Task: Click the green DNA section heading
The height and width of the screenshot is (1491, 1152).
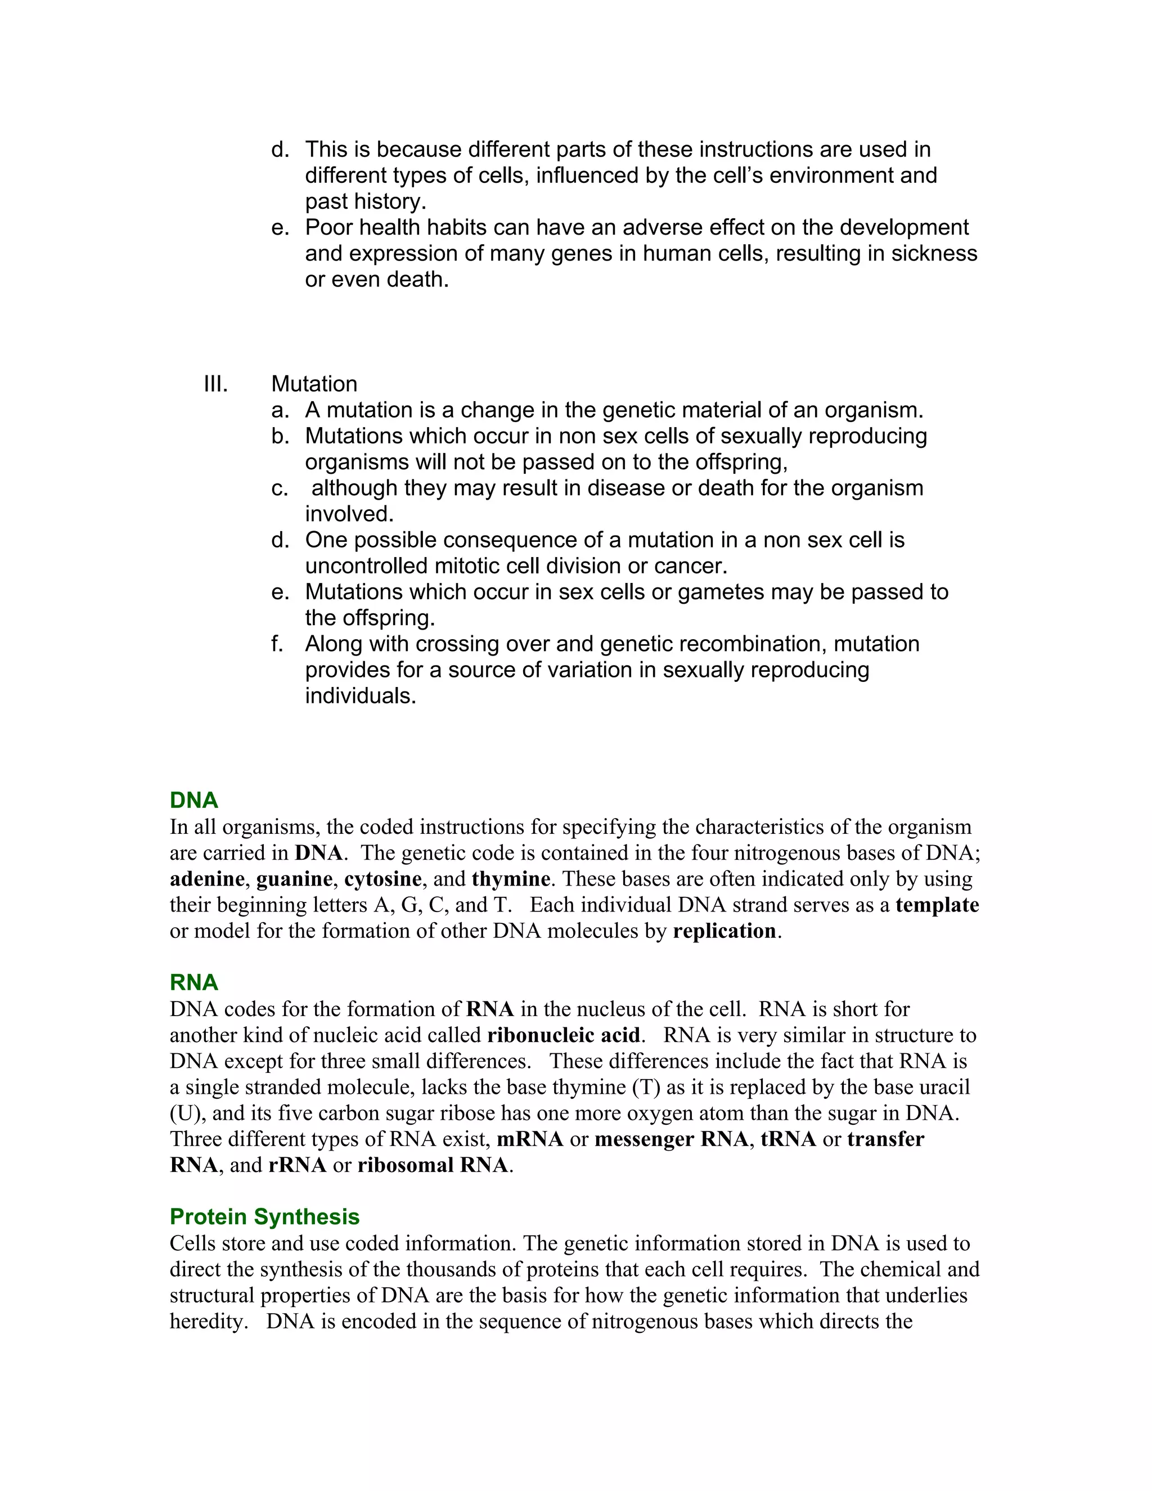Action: tap(194, 800)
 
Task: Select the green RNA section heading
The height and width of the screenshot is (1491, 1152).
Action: tap(194, 982)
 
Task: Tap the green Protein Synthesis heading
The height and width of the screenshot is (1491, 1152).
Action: tap(265, 1216)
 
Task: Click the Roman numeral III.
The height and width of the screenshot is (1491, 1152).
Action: tap(215, 384)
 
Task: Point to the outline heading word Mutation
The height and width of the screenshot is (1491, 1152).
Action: tap(314, 384)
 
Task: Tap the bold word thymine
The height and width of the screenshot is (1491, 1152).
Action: tap(511, 879)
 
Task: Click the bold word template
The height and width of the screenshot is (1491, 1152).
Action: tap(937, 905)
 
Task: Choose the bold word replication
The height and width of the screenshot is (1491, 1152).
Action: tap(724, 931)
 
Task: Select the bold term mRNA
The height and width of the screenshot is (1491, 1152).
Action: tap(529, 1139)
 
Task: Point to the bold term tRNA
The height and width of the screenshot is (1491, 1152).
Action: tap(788, 1139)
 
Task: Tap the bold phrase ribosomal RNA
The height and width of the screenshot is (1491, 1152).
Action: tap(433, 1165)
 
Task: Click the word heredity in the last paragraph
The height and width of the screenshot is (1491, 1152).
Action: tap(208, 1322)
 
